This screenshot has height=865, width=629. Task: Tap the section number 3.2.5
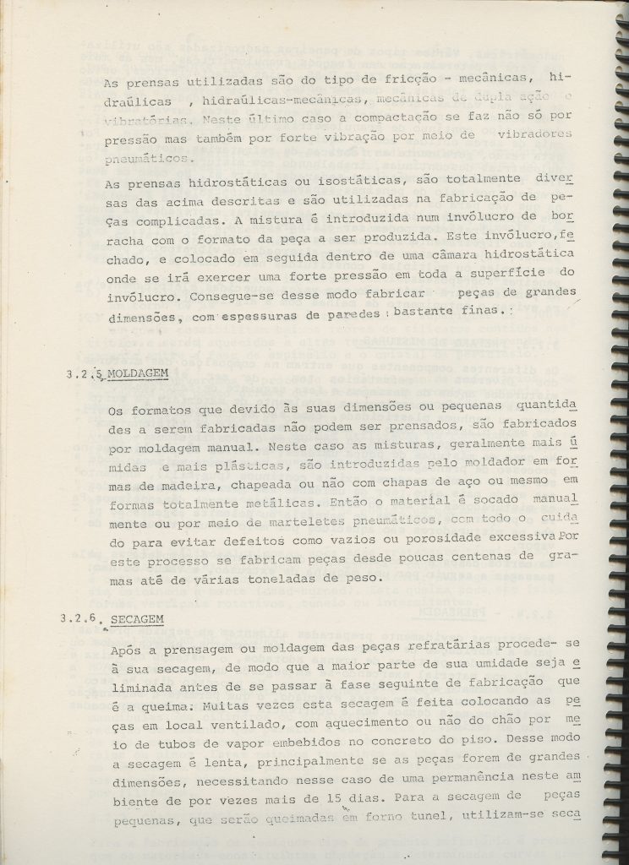tap(83, 373)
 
